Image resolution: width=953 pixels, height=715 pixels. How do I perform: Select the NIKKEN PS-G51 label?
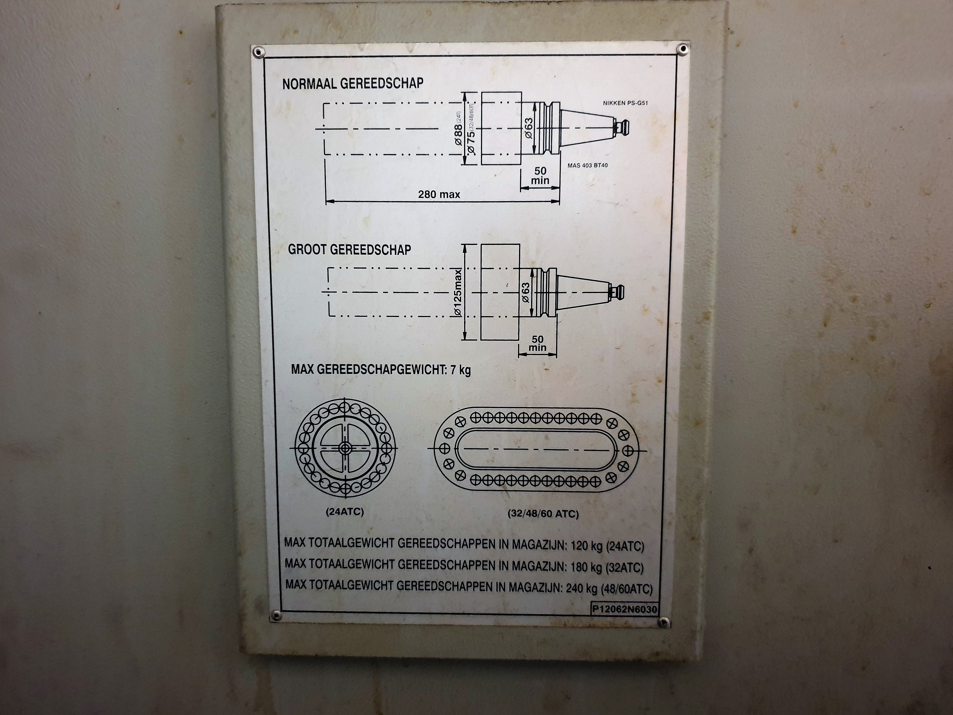coord(625,103)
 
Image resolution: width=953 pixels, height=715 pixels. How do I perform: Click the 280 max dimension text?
coord(439,194)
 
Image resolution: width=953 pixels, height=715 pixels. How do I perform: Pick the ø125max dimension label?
coord(458,293)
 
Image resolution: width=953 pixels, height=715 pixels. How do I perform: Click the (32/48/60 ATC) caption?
coord(543,513)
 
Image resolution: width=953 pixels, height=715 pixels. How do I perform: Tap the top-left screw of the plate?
coord(258,52)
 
